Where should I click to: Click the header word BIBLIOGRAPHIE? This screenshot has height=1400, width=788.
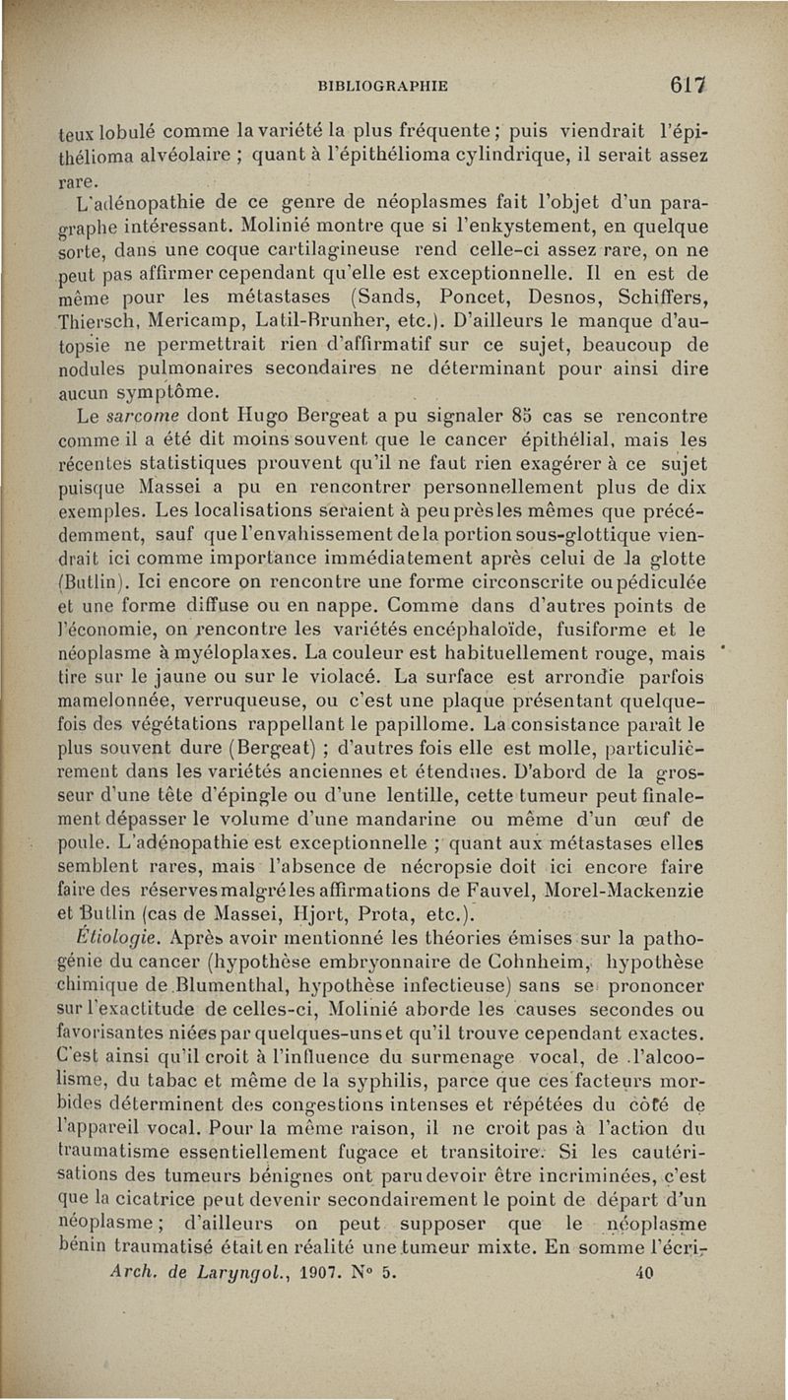[x=382, y=86]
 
